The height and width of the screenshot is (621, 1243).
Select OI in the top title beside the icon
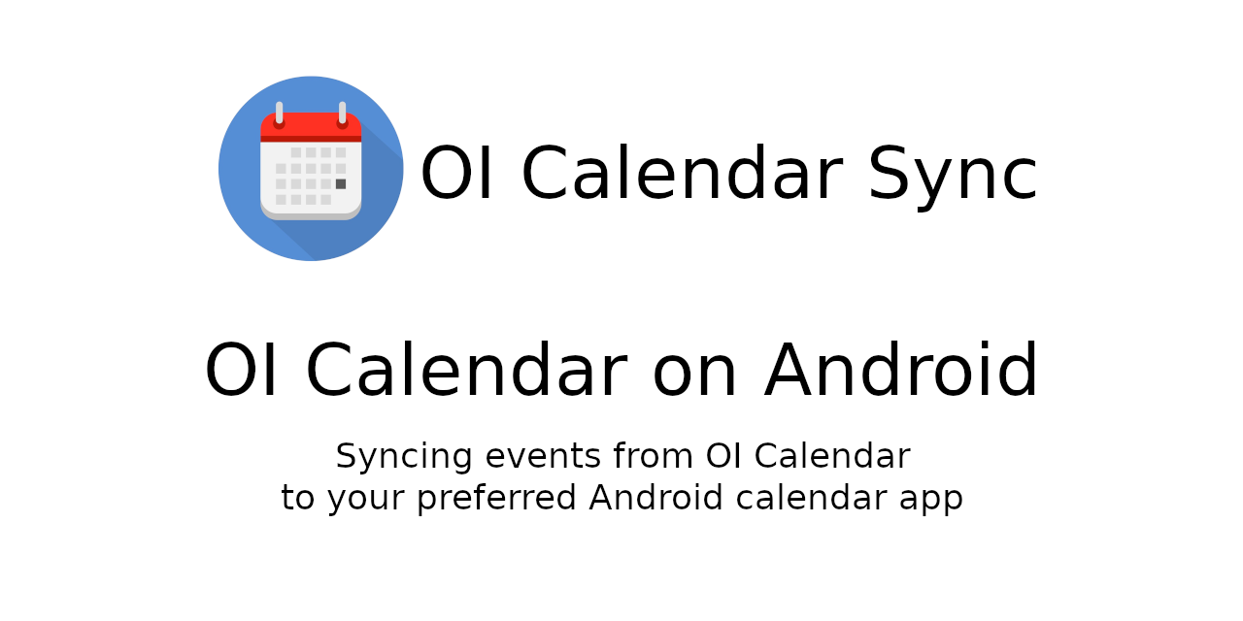[456, 173]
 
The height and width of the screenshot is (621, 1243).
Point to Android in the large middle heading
[900, 370]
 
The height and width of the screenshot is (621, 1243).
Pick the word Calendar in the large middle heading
[467, 370]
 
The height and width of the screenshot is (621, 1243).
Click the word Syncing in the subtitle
[404, 457]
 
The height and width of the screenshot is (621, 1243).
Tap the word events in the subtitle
[543, 456]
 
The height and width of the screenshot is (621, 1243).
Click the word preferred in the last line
[496, 498]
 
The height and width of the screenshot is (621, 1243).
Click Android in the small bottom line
[655, 497]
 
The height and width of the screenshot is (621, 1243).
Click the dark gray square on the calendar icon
[341, 184]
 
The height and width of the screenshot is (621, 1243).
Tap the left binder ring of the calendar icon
[279, 114]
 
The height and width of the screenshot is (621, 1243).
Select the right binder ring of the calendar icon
[343, 114]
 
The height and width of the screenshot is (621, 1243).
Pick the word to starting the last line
[297, 498]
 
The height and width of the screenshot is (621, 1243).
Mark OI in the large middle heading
[240, 370]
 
